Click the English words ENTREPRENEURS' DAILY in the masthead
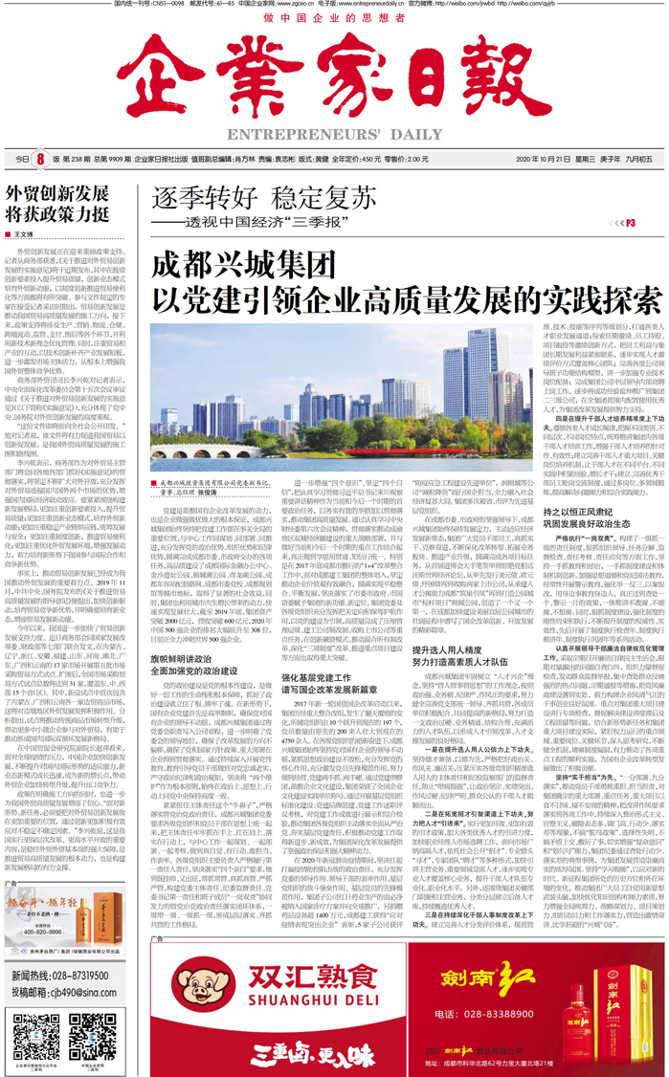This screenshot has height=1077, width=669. click(x=333, y=134)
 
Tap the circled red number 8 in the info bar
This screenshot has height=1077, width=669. click(x=40, y=158)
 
